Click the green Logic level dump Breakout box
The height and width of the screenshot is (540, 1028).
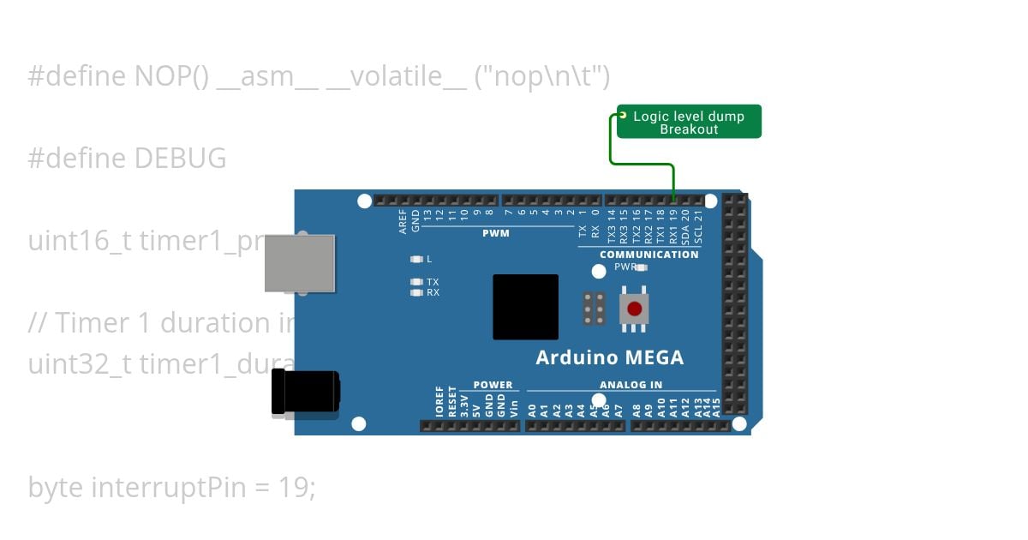coord(689,122)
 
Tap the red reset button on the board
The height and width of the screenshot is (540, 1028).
coord(634,309)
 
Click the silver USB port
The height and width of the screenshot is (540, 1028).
coord(299,262)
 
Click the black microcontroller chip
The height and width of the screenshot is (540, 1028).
coord(525,306)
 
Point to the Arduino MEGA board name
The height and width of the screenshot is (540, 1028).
coord(609,357)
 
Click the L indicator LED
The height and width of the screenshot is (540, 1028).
coord(417,259)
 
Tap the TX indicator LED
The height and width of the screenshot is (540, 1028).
coord(417,282)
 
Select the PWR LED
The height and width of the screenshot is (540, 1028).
coord(640,267)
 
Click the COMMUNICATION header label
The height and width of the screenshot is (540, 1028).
coord(648,255)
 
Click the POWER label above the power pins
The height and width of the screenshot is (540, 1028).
coord(493,386)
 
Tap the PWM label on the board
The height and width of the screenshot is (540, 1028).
coord(495,233)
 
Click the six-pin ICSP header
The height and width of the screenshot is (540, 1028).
coord(594,309)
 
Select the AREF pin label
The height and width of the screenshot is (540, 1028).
coord(403,222)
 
